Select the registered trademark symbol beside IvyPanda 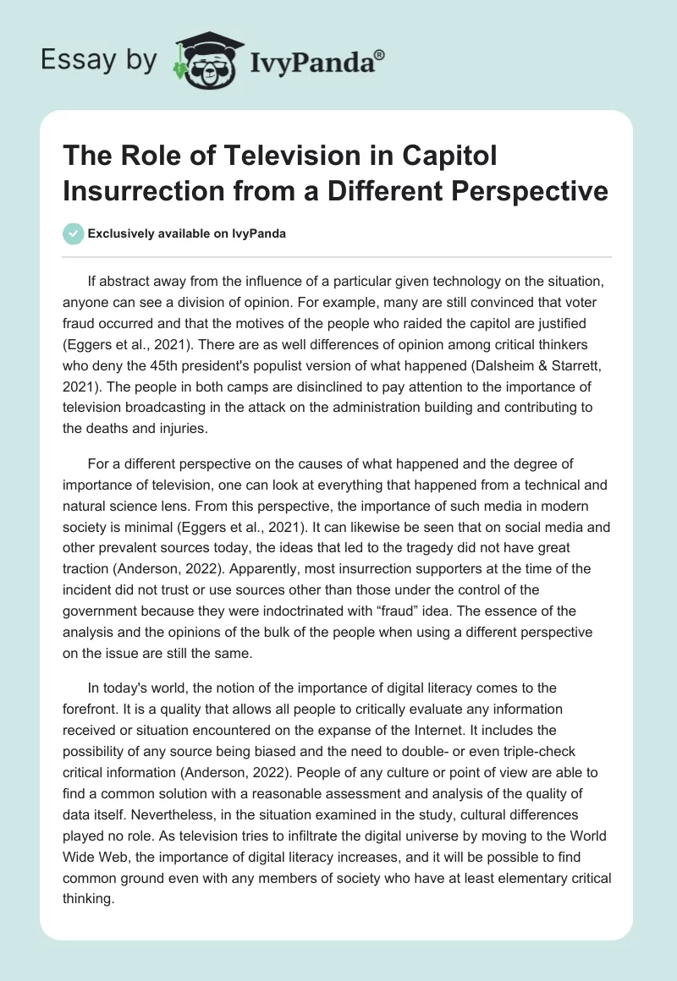(379, 54)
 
